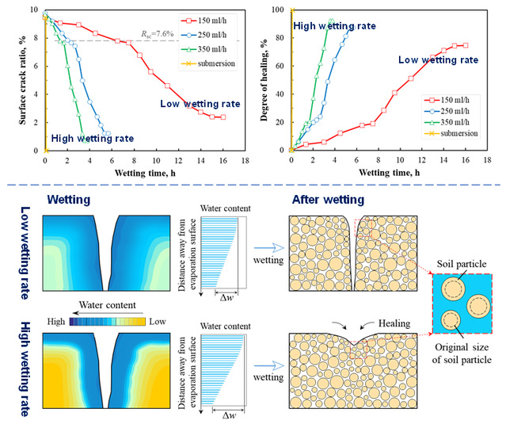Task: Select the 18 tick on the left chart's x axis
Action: coord(245,159)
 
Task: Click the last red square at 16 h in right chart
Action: coord(466,45)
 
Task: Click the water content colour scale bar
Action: coord(108,323)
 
